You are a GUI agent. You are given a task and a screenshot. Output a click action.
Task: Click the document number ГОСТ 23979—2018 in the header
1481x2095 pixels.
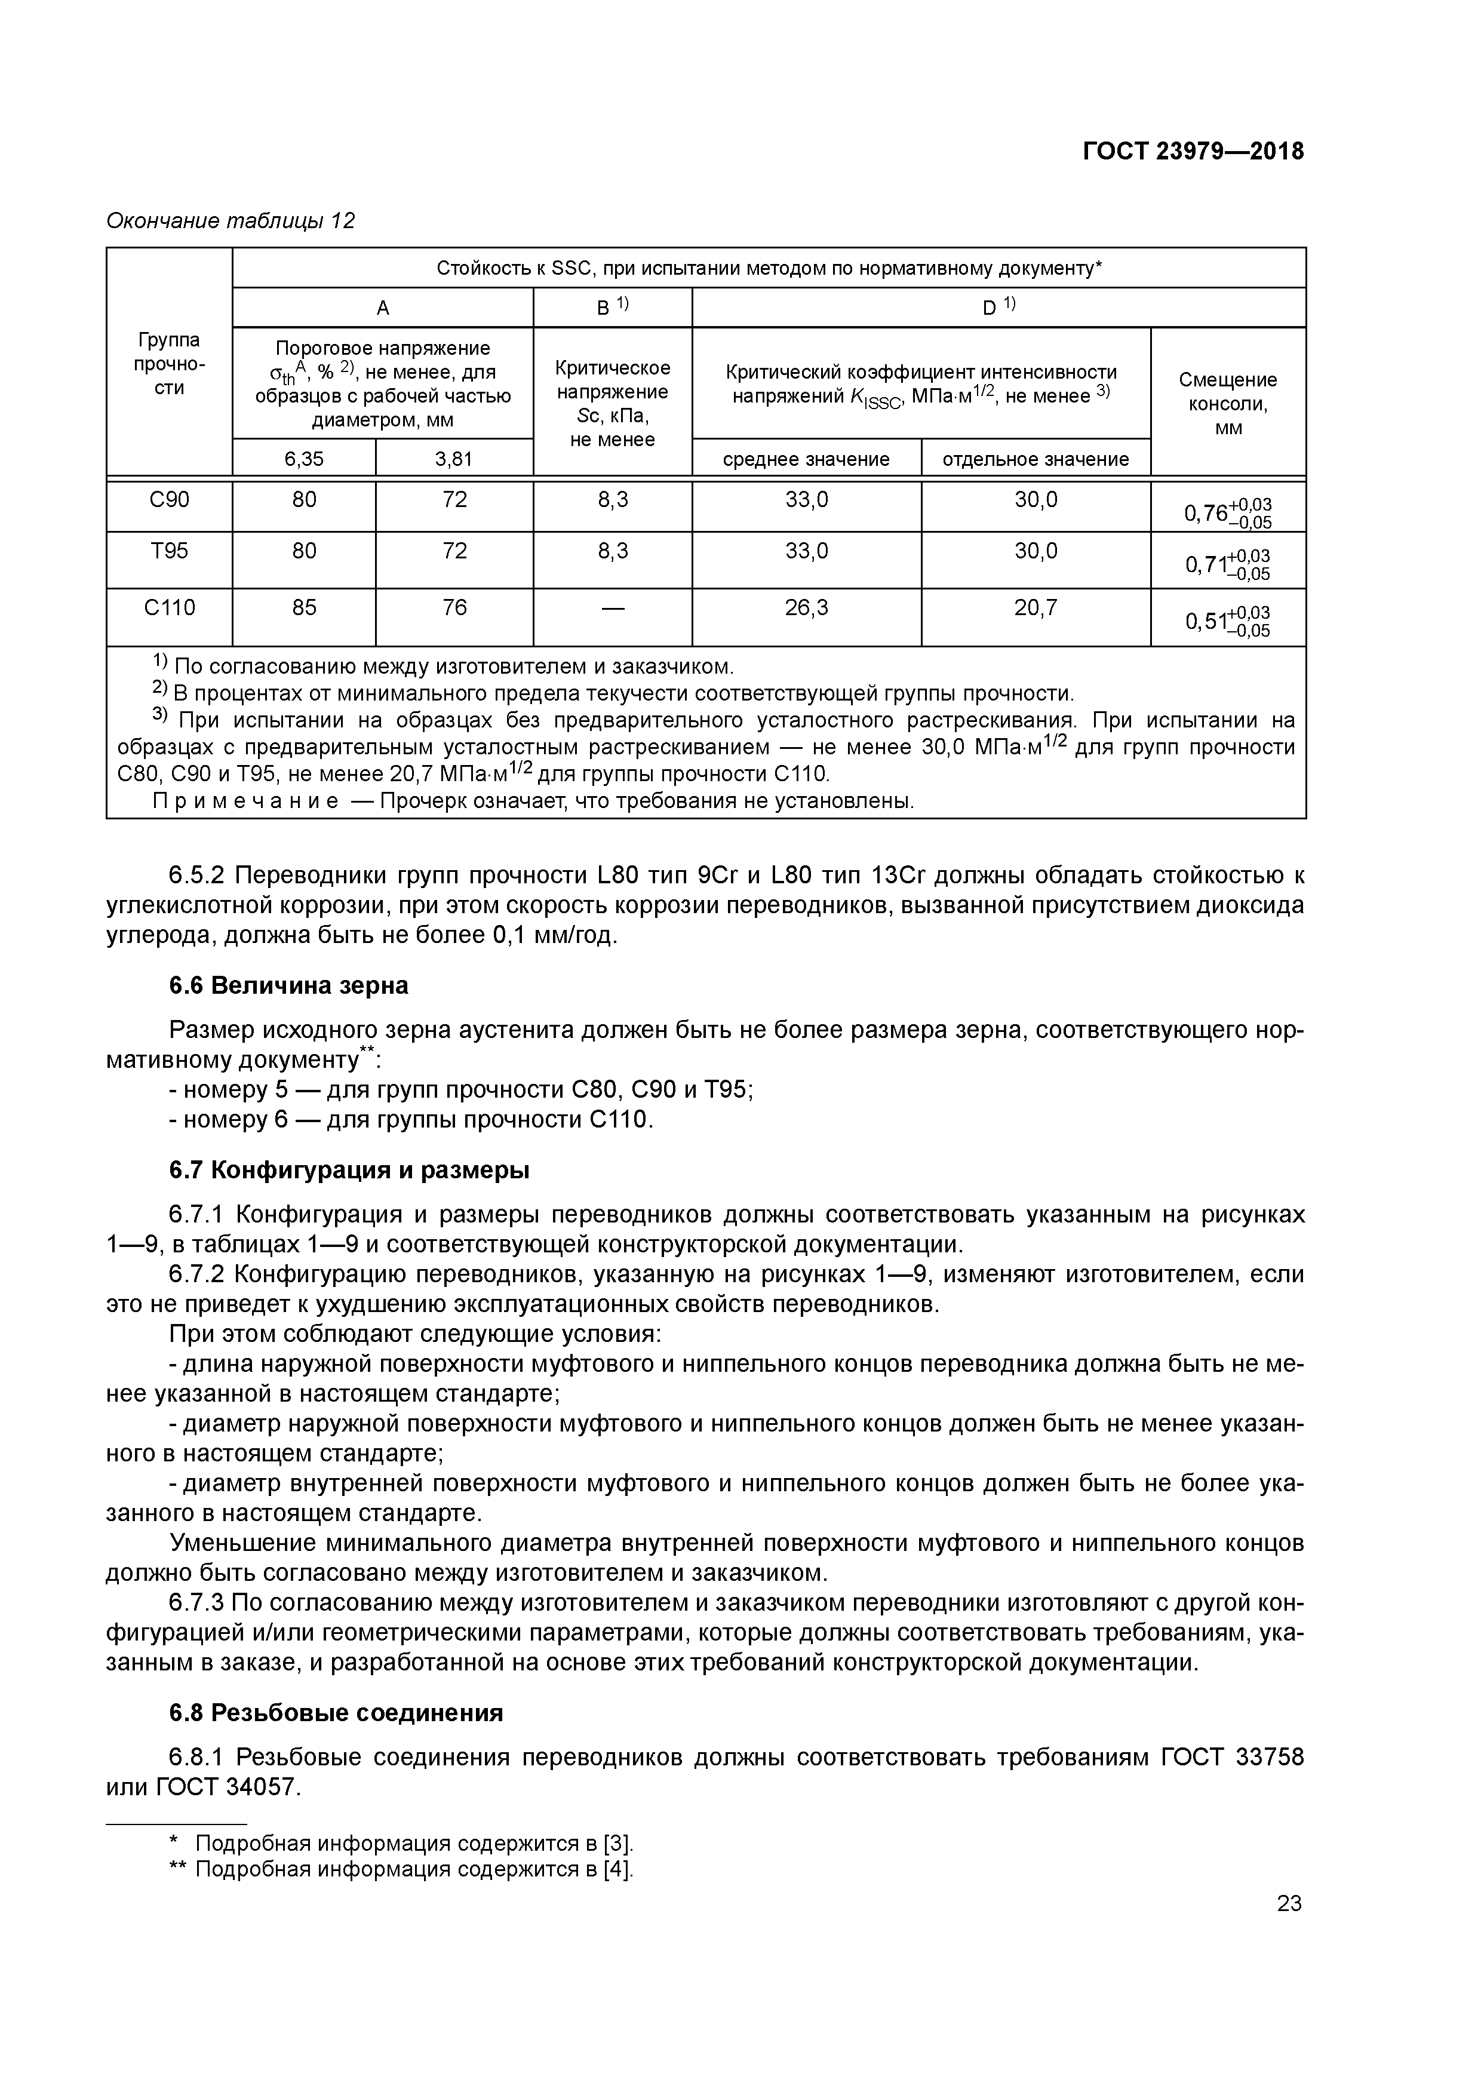(x=1193, y=152)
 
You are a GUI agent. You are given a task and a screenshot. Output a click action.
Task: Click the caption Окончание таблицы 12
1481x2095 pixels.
(x=231, y=221)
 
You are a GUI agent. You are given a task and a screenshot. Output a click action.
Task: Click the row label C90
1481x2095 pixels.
(x=169, y=500)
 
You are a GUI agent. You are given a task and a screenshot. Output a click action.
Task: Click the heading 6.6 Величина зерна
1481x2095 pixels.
(x=288, y=985)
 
